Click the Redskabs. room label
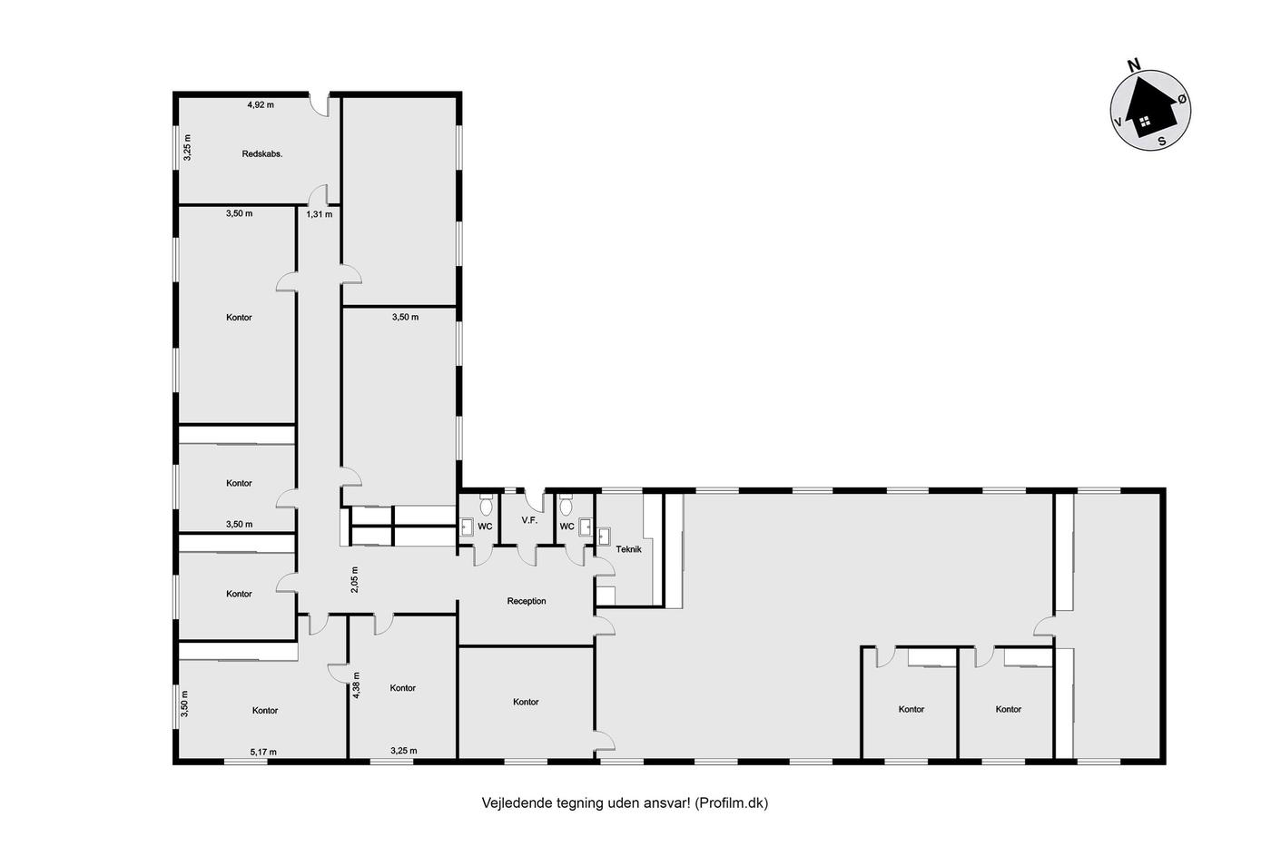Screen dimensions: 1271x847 pyautogui.click(x=262, y=153)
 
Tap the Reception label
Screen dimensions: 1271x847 pyautogui.click(x=527, y=601)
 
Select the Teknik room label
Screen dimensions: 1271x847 pyautogui.click(x=628, y=549)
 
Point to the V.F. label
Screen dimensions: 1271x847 pyautogui.click(x=529, y=520)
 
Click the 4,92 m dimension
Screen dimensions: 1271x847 pyautogui.click(x=261, y=105)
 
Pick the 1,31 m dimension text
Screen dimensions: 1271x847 pyautogui.click(x=320, y=214)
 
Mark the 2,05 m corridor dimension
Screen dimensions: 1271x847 pyautogui.click(x=355, y=580)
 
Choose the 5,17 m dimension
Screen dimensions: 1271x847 pyautogui.click(x=263, y=753)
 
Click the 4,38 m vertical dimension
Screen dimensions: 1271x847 pyautogui.click(x=356, y=684)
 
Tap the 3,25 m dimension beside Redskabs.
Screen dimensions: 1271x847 pyautogui.click(x=188, y=147)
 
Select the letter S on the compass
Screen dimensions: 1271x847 pyautogui.click(x=1162, y=142)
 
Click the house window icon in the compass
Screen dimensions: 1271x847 pyautogui.click(x=1145, y=120)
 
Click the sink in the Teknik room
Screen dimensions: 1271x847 pyautogui.click(x=605, y=537)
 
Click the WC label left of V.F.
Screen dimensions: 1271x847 pyautogui.click(x=485, y=527)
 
